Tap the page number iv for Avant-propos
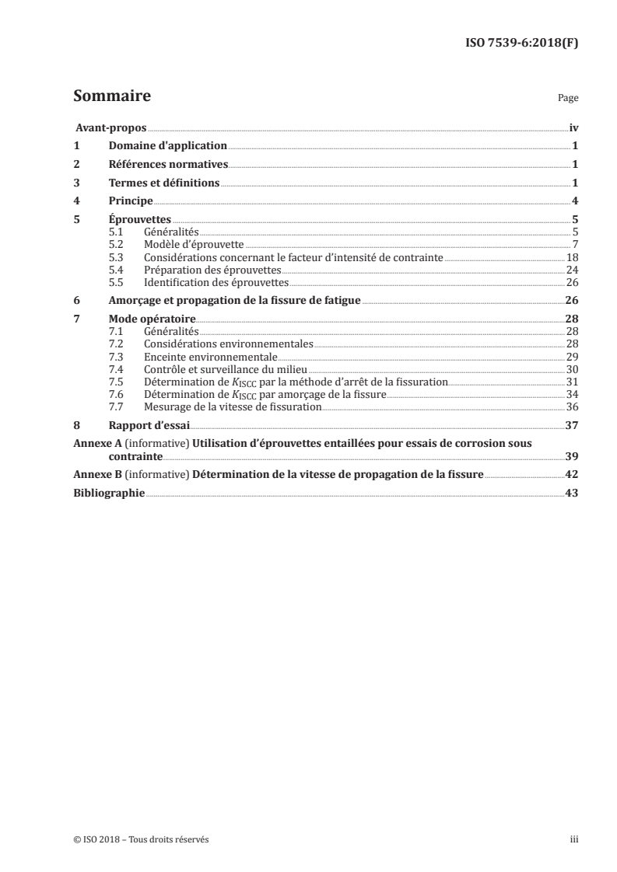(x=573, y=128)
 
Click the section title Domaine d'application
(x=167, y=146)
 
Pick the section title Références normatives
(x=167, y=165)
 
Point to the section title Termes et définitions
(x=164, y=183)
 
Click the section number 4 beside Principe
(x=75, y=201)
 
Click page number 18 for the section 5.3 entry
(x=572, y=257)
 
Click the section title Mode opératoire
(x=152, y=319)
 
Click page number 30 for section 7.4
(x=572, y=368)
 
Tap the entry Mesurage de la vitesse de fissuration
(x=233, y=406)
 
